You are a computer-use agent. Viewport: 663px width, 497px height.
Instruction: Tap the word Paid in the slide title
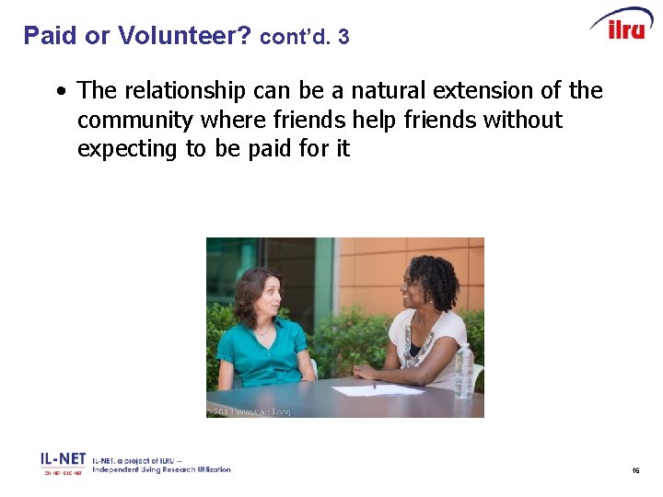click(50, 36)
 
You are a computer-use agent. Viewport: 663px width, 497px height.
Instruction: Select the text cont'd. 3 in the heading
click(305, 38)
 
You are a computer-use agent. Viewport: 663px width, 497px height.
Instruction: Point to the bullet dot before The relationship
click(60, 92)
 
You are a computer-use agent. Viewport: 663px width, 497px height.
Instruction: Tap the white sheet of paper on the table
click(378, 390)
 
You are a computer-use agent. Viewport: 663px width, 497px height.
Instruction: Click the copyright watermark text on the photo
click(249, 411)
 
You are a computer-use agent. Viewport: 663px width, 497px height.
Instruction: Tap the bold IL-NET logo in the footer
click(63, 458)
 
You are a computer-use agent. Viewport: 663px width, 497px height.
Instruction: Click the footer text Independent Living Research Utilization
click(161, 469)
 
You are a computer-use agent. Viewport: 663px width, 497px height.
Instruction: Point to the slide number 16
click(635, 470)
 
